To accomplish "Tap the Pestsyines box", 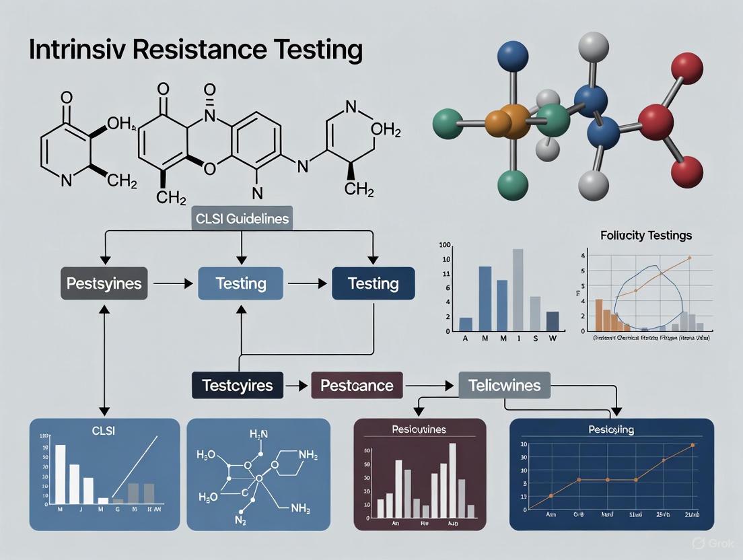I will (104, 283).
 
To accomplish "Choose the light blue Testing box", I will (240, 283).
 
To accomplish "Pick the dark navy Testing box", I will (373, 283).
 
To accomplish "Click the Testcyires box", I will (238, 386).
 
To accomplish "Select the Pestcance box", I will (357, 386).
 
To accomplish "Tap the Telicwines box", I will (504, 386).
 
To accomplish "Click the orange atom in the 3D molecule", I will (514, 122).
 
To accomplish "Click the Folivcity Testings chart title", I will (646, 236).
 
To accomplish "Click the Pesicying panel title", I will (610, 429).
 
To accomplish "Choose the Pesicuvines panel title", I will (419, 429).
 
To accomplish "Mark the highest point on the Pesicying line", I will (692, 445).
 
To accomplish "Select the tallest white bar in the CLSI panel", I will (60, 474).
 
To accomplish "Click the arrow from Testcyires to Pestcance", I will (293, 386).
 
